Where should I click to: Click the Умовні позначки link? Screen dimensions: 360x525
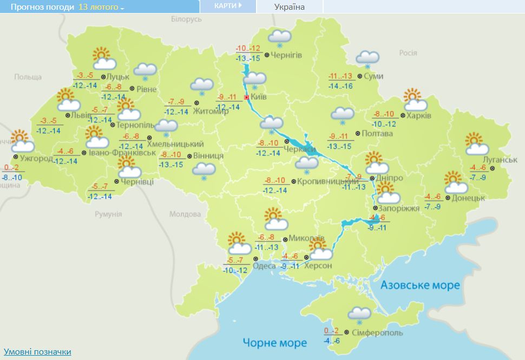click(x=37, y=352)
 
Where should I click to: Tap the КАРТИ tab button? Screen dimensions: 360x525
click(x=227, y=6)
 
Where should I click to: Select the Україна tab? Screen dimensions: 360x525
click(x=290, y=6)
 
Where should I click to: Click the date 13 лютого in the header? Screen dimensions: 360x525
click(x=101, y=7)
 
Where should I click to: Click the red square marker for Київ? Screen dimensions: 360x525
click(x=247, y=97)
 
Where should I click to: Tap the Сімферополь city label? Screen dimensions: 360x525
click(x=377, y=332)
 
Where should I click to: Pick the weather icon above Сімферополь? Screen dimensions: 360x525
click(x=359, y=315)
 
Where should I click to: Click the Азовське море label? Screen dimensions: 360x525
click(x=420, y=285)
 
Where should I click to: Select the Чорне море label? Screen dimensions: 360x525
click(x=274, y=343)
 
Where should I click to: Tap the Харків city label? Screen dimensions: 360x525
click(x=420, y=116)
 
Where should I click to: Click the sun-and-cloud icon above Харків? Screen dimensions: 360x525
click(x=414, y=100)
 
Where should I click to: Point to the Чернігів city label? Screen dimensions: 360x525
click(x=286, y=55)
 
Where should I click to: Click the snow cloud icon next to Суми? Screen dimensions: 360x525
click(x=367, y=58)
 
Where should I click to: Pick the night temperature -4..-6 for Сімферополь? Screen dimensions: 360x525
click(x=332, y=341)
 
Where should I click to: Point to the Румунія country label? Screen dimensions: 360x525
click(x=108, y=214)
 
